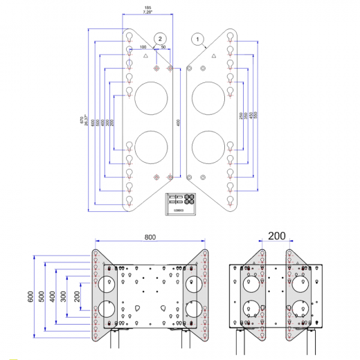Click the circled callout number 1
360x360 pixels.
(x=199, y=39)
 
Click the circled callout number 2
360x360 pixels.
(x=160, y=39)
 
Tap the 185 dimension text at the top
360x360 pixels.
(x=147, y=9)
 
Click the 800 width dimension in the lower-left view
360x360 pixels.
(x=150, y=237)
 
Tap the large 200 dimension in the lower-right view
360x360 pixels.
(x=277, y=236)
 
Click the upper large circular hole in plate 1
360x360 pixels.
(x=208, y=97)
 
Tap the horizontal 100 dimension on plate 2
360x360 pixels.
(x=142, y=47)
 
